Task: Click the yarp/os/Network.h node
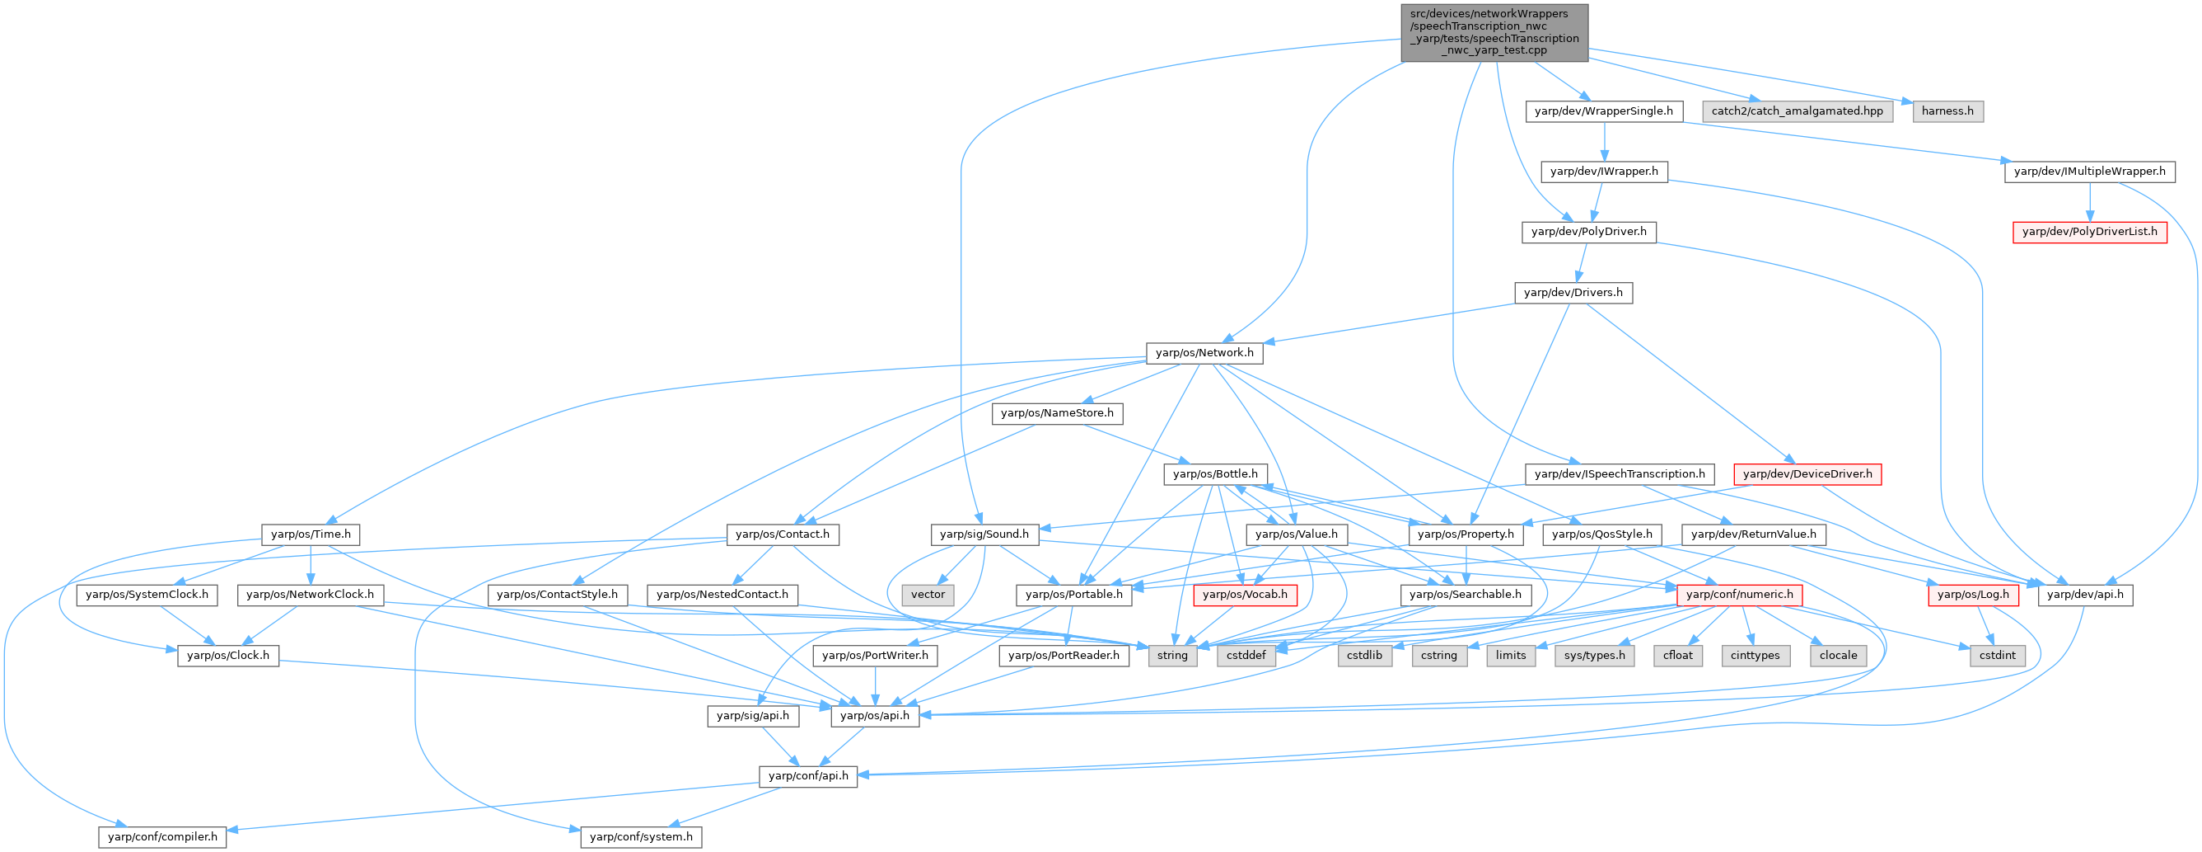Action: point(1204,352)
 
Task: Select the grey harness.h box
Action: point(1948,111)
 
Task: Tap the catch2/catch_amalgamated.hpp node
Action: point(1797,111)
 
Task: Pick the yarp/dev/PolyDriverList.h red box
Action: point(2089,232)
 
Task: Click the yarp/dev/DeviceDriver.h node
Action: point(1807,474)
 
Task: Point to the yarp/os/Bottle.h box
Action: point(1215,474)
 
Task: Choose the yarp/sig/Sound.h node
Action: point(984,534)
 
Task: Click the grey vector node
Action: point(928,595)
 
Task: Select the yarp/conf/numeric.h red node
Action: point(1740,595)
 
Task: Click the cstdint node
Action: point(1998,655)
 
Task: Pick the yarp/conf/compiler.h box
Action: point(162,836)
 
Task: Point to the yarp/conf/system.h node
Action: point(641,836)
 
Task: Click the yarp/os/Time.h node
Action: point(311,534)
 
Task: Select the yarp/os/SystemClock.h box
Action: point(147,595)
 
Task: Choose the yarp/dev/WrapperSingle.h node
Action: point(1604,111)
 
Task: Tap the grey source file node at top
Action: point(1494,32)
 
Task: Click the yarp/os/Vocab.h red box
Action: point(1245,595)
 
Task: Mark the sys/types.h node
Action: point(1595,655)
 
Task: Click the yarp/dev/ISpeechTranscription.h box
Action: point(1619,474)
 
